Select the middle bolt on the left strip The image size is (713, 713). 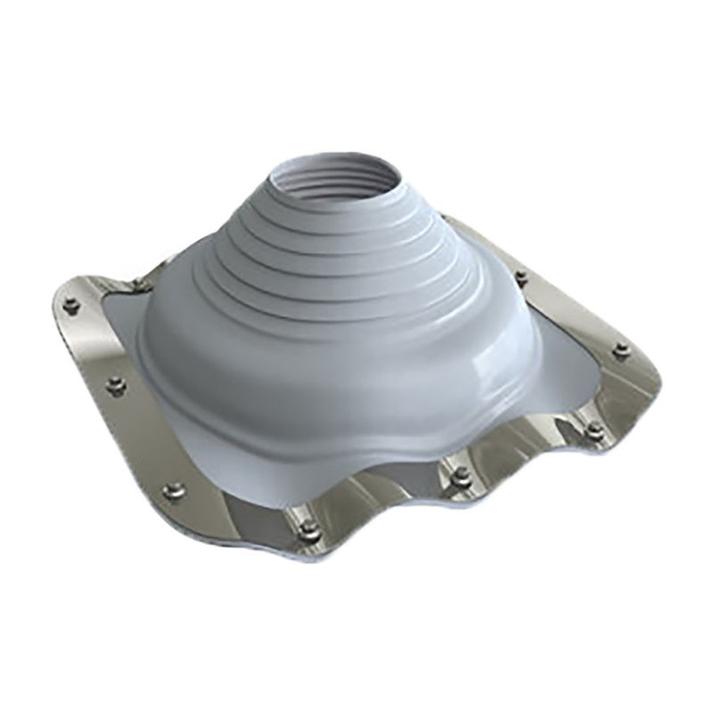116,386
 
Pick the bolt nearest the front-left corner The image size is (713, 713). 175,491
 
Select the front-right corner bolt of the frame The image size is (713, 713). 594,430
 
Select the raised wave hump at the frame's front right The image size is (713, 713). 526,446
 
